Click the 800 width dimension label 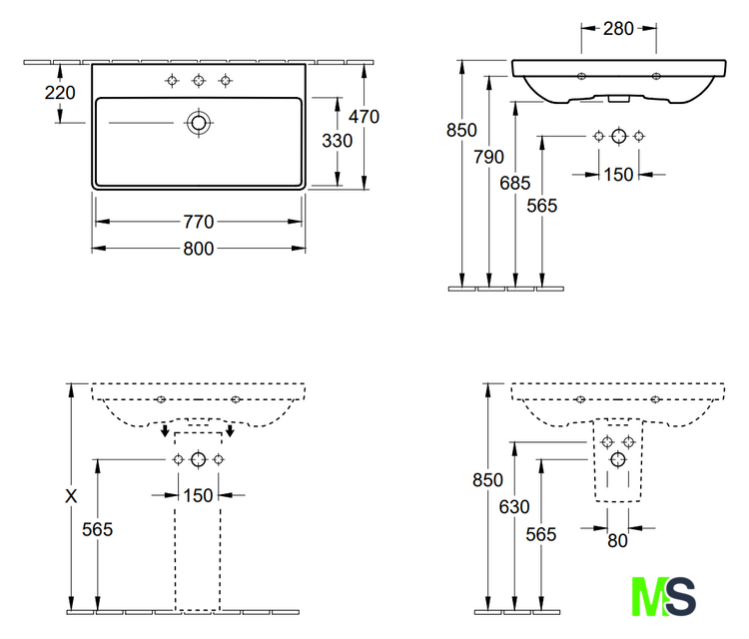(199, 249)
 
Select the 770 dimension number (199, 222)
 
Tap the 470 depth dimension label (364, 117)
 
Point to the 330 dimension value (338, 141)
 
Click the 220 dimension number (60, 93)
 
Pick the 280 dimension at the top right (618, 29)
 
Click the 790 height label (488, 157)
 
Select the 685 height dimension (515, 183)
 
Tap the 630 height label (514, 507)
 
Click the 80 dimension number (617, 541)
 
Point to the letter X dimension (71, 496)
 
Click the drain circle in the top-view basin (199, 123)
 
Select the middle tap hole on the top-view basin (199, 81)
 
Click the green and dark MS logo (663, 596)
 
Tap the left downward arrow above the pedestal (165, 429)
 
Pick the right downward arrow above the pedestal (231, 429)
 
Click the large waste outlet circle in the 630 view (618, 460)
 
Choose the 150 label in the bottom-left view (199, 496)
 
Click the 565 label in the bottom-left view (98, 529)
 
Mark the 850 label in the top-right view (461, 130)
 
